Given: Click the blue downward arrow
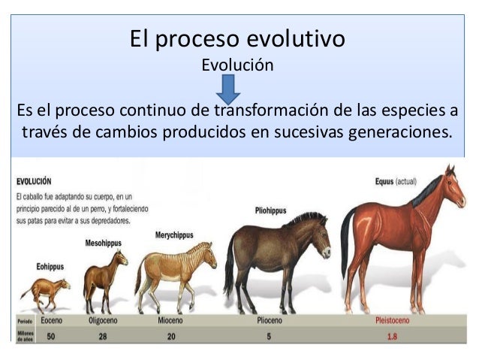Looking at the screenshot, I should click(x=227, y=90).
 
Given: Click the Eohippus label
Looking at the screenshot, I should click(x=50, y=266).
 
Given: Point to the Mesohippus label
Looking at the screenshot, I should click(x=103, y=244).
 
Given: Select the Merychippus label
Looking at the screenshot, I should click(x=174, y=235).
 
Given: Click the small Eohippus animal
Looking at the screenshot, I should click(x=45, y=289).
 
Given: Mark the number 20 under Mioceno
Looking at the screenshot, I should click(x=171, y=336).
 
